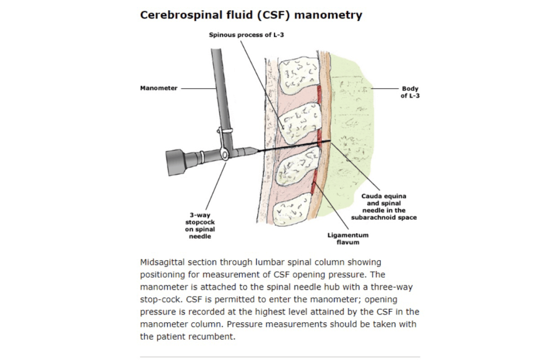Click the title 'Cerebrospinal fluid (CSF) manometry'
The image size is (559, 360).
point(251,15)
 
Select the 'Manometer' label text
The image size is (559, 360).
point(158,88)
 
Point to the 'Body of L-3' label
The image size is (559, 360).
point(410,92)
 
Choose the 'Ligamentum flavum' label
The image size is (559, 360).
point(348,238)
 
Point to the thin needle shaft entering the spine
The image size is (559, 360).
point(290,148)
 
